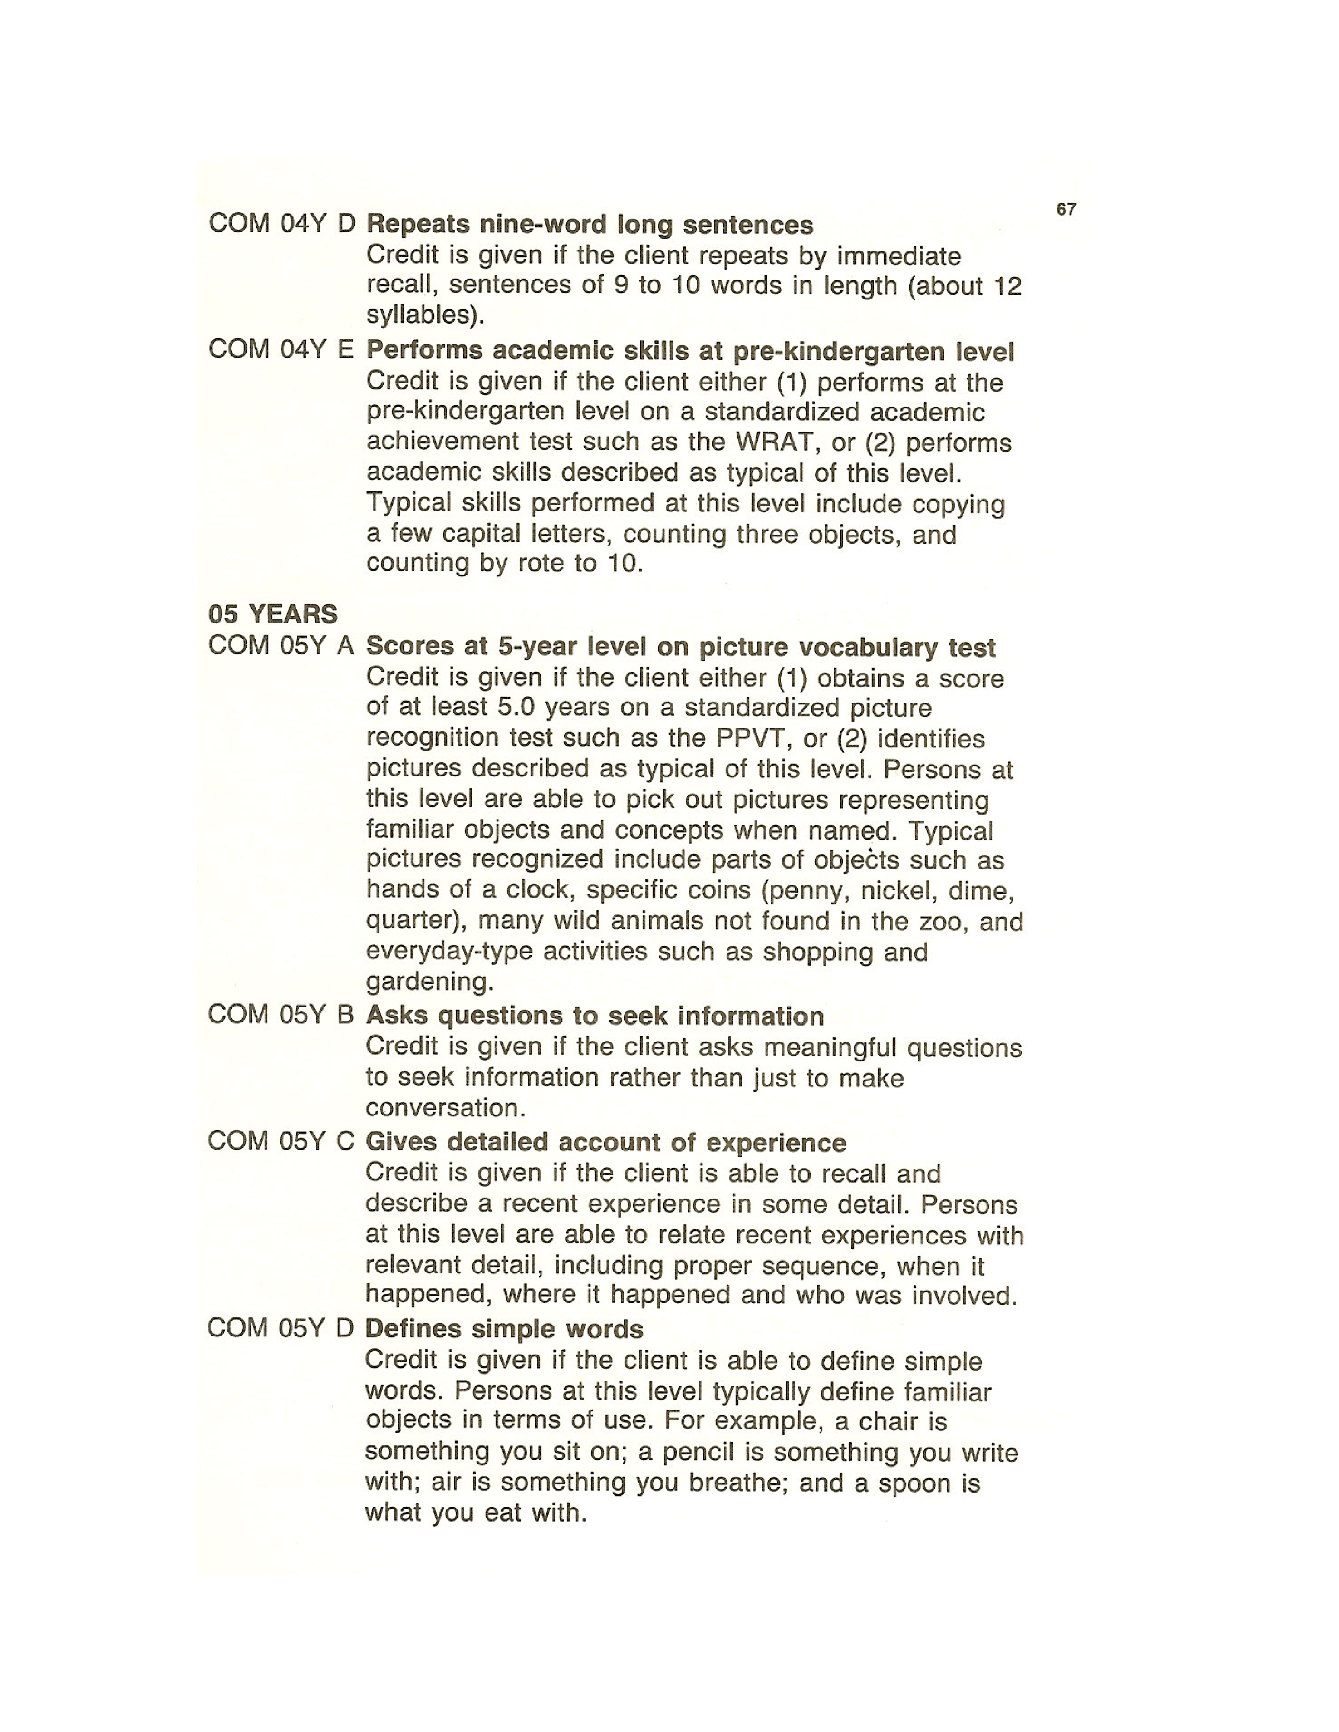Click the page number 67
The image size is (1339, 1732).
(x=1066, y=209)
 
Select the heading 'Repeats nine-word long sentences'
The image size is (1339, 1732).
(x=589, y=225)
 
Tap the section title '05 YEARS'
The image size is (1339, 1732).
(x=272, y=614)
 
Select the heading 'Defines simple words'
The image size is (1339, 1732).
(x=504, y=1328)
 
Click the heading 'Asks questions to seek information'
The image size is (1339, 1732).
(x=594, y=1016)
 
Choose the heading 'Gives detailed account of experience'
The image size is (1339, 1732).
(x=605, y=1142)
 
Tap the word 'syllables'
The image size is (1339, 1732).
(x=421, y=315)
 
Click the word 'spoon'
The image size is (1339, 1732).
(x=910, y=1483)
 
